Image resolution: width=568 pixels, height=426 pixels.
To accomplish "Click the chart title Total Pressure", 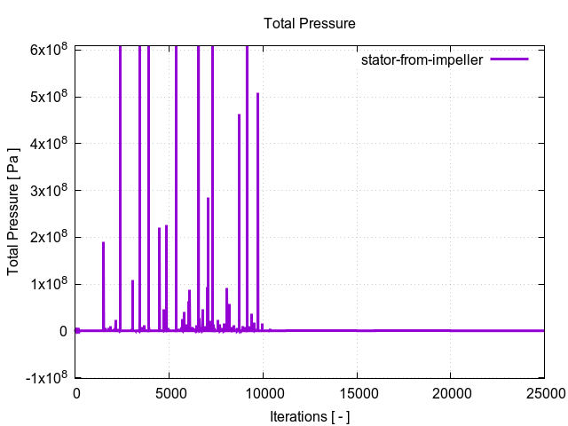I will pyautogui.click(x=310, y=24).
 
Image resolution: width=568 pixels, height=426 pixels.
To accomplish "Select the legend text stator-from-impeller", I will pyautogui.click(x=422, y=60).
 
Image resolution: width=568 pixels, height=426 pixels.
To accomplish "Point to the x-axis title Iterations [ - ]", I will pyautogui.click(x=310, y=415).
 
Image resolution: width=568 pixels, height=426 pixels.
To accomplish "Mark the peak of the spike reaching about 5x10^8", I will pyautogui.click(x=258, y=93).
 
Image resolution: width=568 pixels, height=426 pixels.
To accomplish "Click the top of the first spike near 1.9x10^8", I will pyautogui.click(x=103, y=242).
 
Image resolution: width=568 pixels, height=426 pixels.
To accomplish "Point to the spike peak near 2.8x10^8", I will pyautogui.click(x=208, y=198).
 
